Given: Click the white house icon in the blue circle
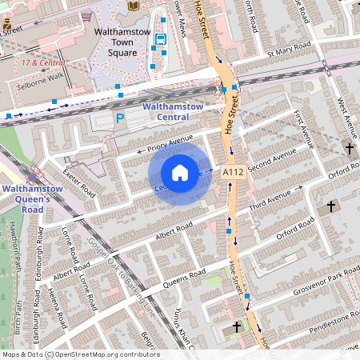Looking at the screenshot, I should (x=180, y=173).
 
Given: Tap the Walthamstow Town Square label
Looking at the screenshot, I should (x=124, y=40).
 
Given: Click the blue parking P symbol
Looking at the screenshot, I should (x=120, y=118).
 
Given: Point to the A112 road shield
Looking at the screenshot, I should (x=233, y=172).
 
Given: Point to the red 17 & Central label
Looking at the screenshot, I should (x=43, y=62).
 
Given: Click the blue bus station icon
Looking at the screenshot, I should (x=160, y=38).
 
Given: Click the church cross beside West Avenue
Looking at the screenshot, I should (x=349, y=148).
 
